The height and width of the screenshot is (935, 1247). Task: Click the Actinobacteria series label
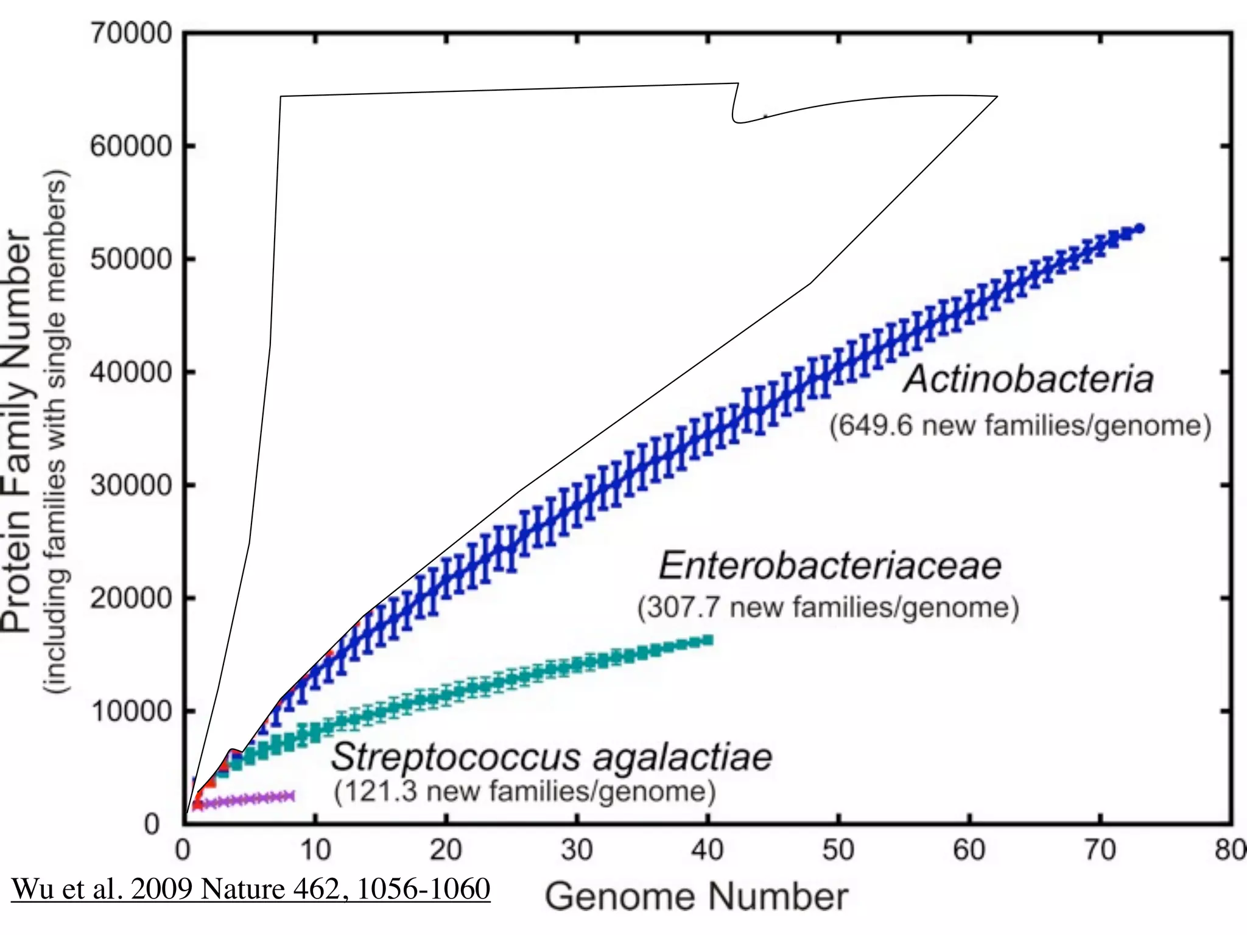[1028, 379]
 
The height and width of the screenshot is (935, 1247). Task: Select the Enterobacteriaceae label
[830, 566]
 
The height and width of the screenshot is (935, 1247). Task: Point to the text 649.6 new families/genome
[1020, 425]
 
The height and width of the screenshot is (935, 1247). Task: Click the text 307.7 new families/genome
[828, 608]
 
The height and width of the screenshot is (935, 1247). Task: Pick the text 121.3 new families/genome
[525, 791]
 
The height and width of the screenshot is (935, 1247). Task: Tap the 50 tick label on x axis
[838, 850]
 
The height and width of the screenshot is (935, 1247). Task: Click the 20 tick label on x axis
[446, 850]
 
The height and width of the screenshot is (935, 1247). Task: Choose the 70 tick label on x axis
[1100, 850]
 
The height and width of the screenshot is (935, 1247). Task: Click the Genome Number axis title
[696, 897]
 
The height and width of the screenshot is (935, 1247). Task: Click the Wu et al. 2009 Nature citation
[251, 889]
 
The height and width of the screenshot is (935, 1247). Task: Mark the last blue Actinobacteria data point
[1140, 228]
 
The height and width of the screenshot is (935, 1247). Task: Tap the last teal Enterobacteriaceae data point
[708, 640]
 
